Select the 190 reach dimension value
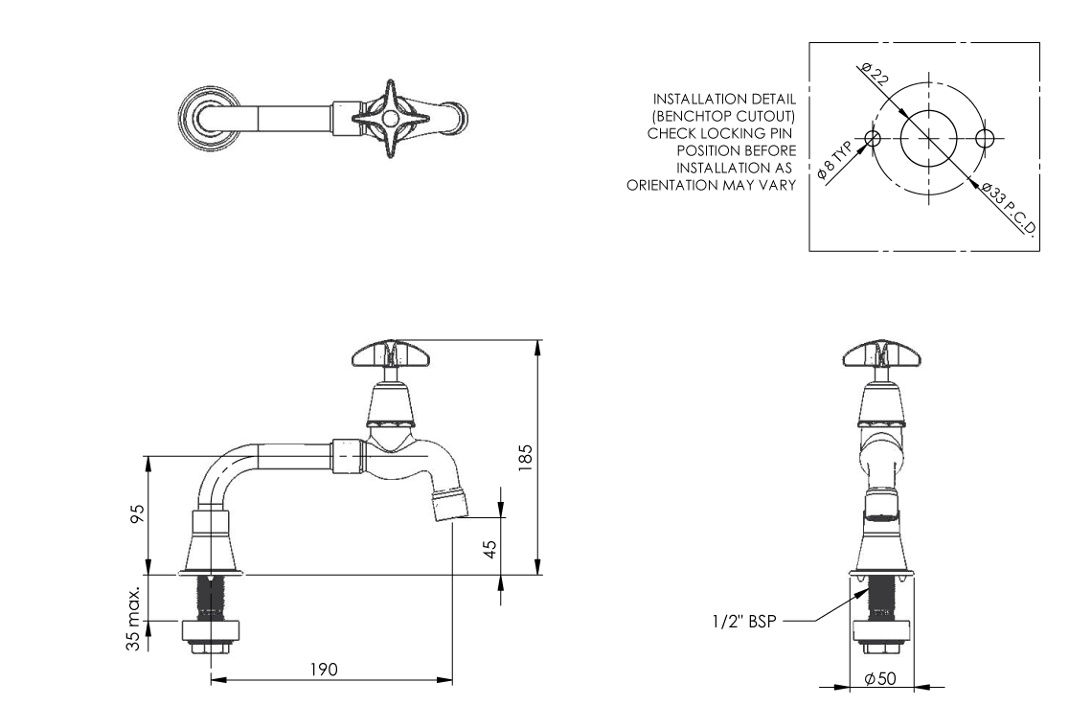click(329, 669)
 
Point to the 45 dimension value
click(489, 550)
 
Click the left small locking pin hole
click(872, 138)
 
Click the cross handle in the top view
click(387, 119)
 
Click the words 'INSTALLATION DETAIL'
click(724, 100)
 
